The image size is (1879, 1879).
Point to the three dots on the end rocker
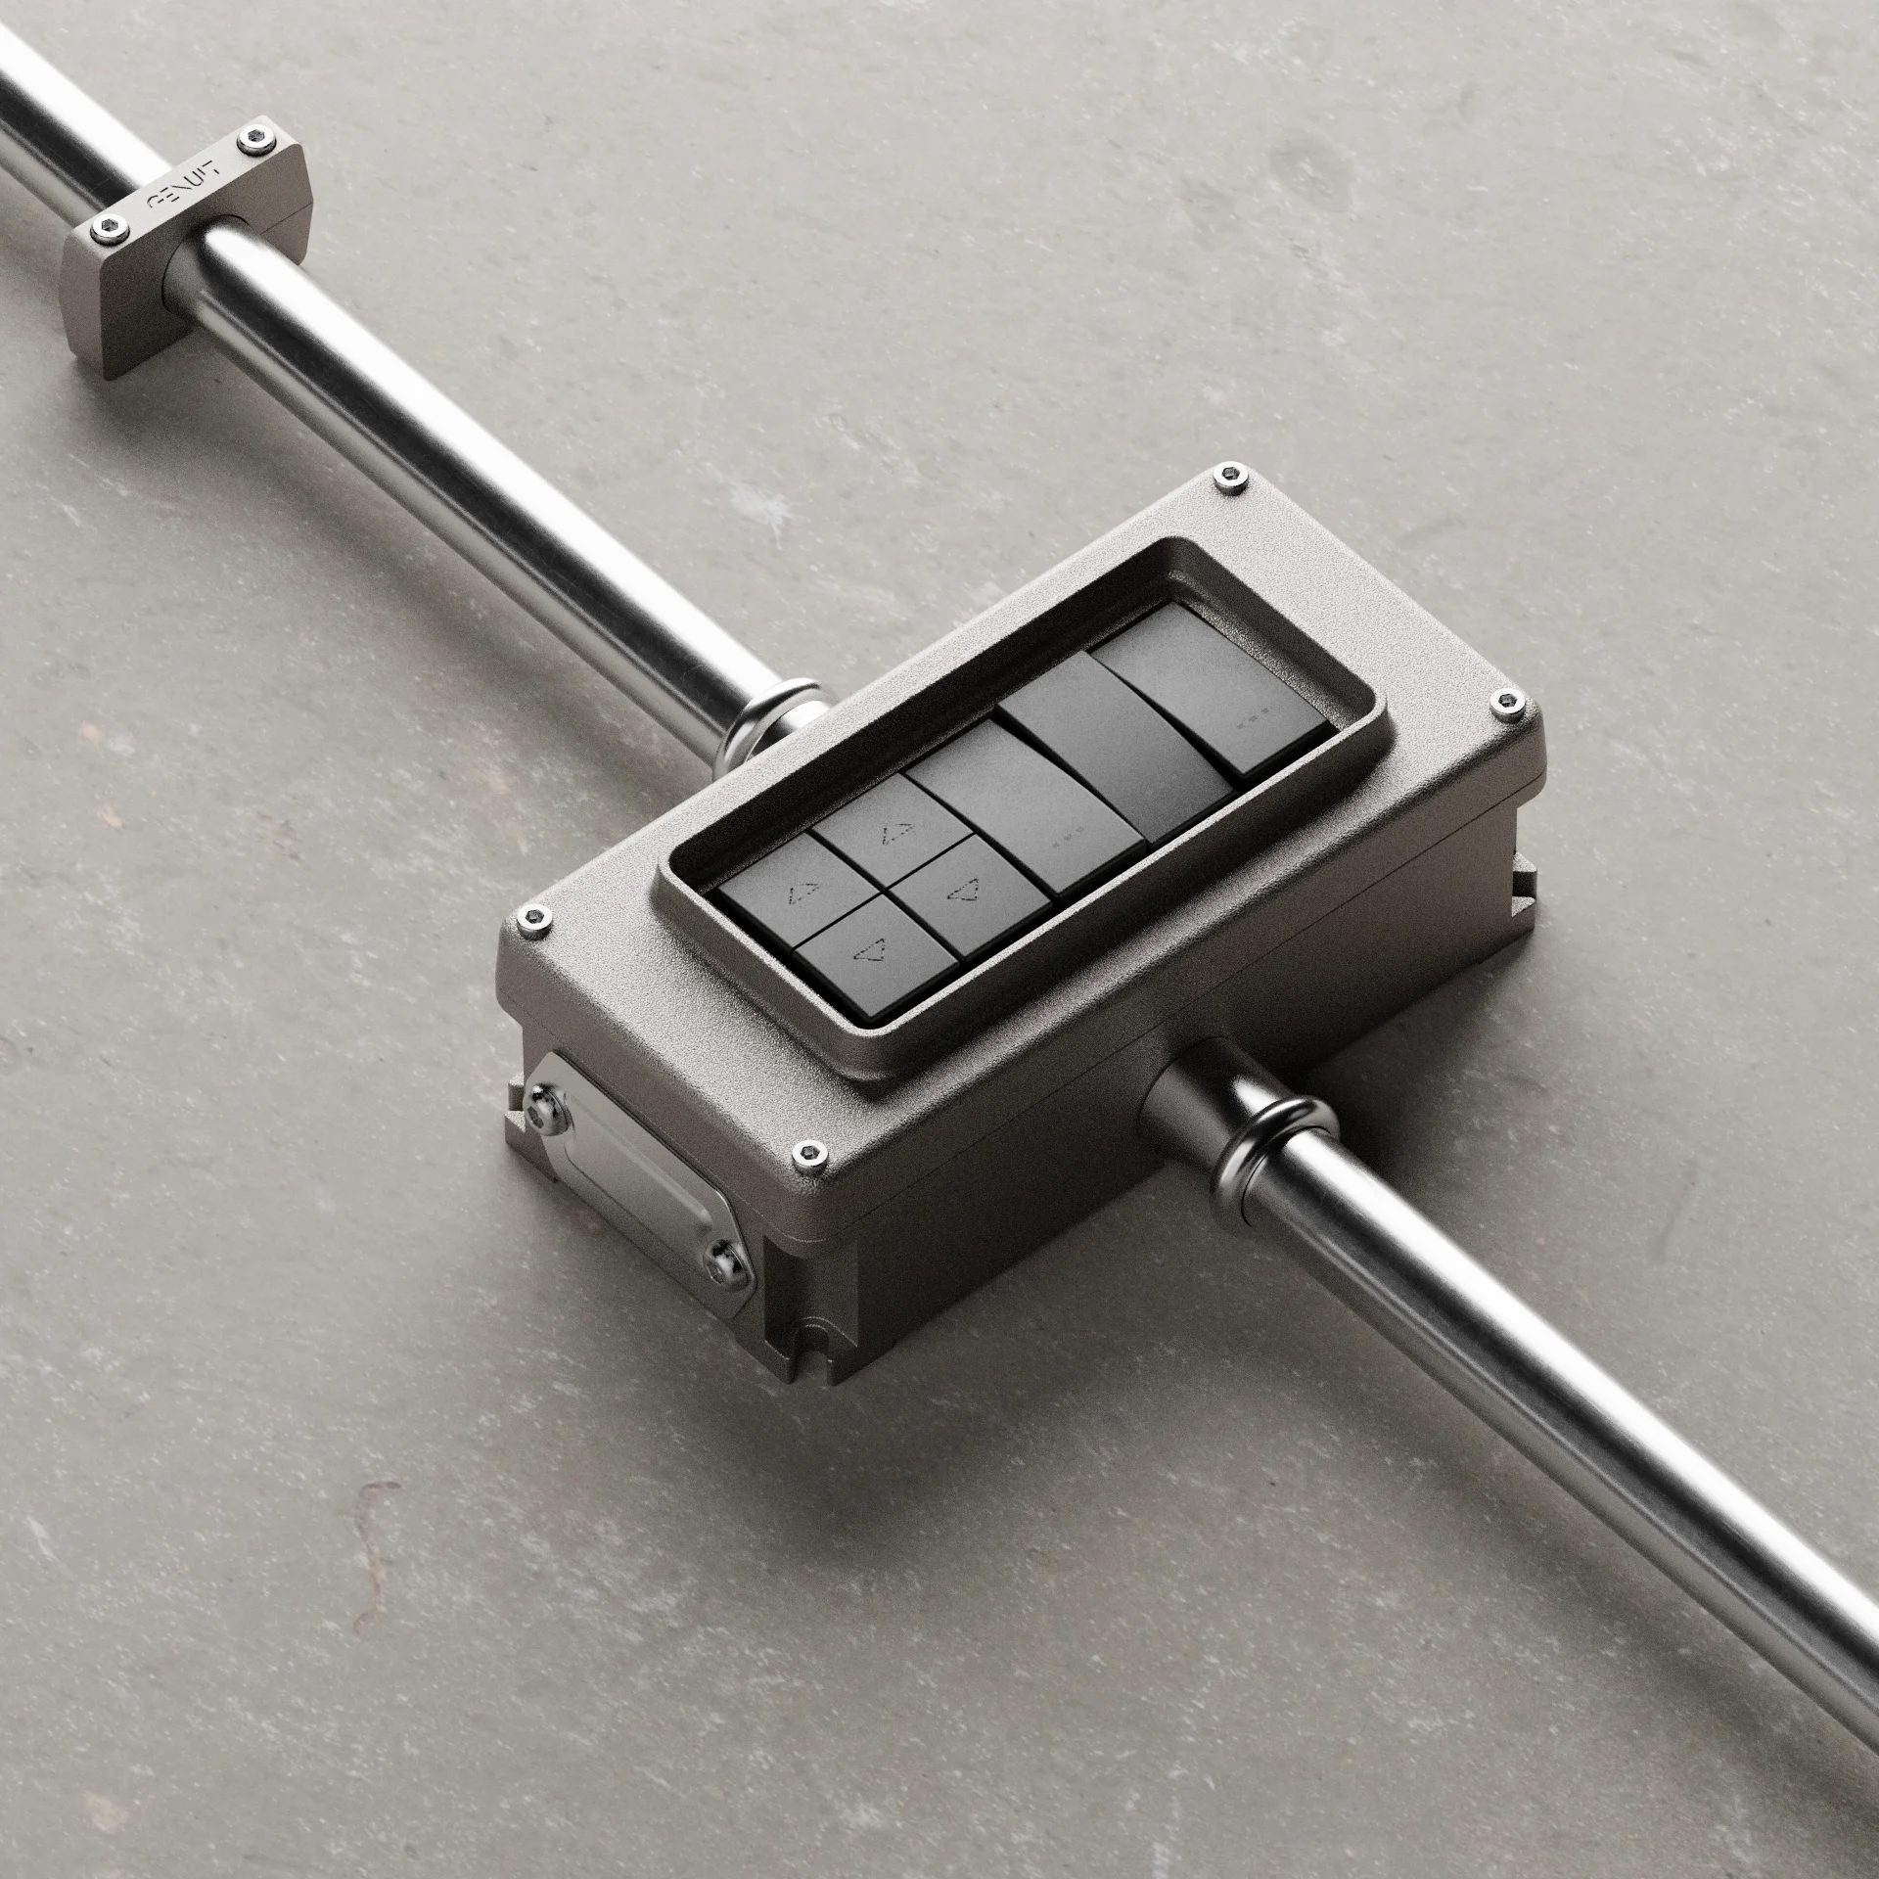[1248, 727]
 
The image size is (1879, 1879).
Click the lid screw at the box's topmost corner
[1232, 477]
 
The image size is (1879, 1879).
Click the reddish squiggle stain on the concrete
[377, 1546]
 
